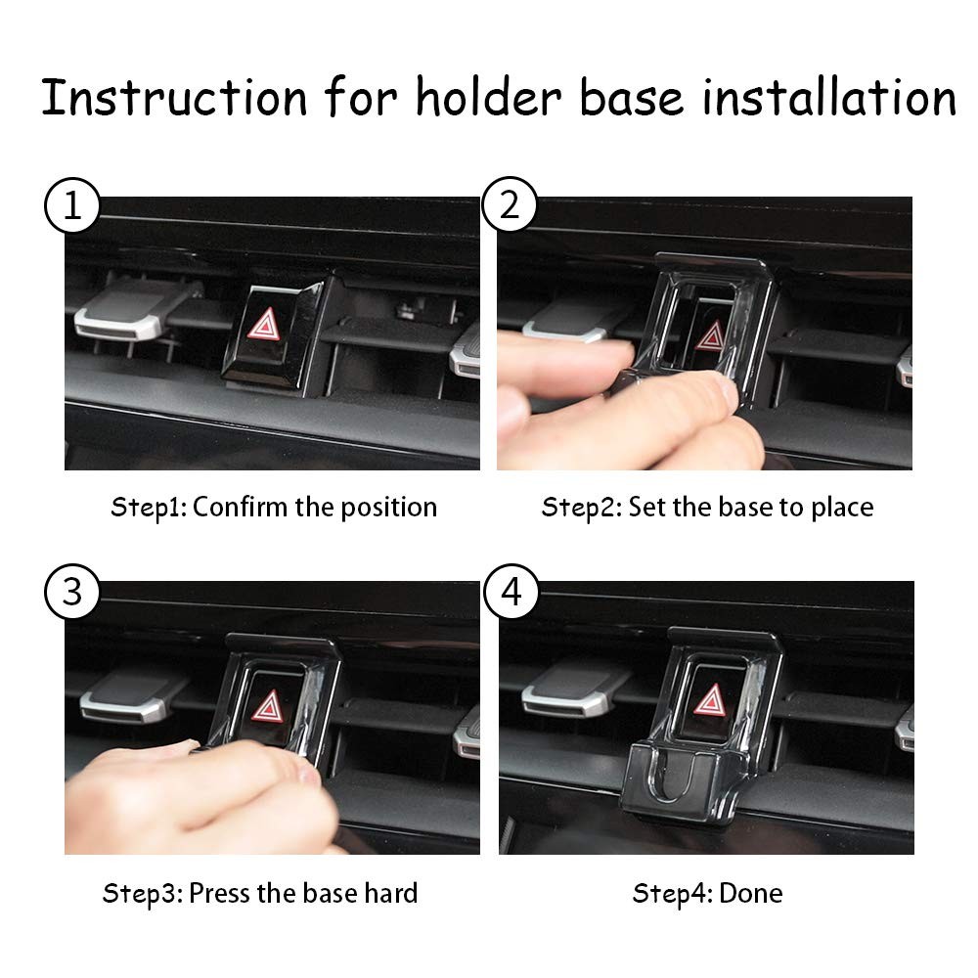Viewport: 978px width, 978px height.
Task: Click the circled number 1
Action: [72, 205]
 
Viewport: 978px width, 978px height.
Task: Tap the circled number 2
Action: [510, 204]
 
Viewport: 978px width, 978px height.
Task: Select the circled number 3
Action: [72, 592]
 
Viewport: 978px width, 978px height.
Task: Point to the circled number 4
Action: [511, 592]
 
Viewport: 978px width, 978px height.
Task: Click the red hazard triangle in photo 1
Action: [264, 325]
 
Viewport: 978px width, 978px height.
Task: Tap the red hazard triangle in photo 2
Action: [710, 337]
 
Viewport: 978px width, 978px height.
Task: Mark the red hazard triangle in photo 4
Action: [710, 700]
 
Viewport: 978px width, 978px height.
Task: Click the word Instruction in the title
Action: [175, 97]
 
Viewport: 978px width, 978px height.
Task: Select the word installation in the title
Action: [829, 97]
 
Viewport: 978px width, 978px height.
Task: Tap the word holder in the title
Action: [488, 97]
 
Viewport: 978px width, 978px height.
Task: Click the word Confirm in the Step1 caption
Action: [241, 507]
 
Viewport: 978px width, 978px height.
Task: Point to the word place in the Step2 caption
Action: [842, 509]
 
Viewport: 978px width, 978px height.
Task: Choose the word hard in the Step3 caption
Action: [391, 893]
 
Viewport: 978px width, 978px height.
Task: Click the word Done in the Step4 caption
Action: [751, 893]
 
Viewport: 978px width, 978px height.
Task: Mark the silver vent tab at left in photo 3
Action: [130, 697]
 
